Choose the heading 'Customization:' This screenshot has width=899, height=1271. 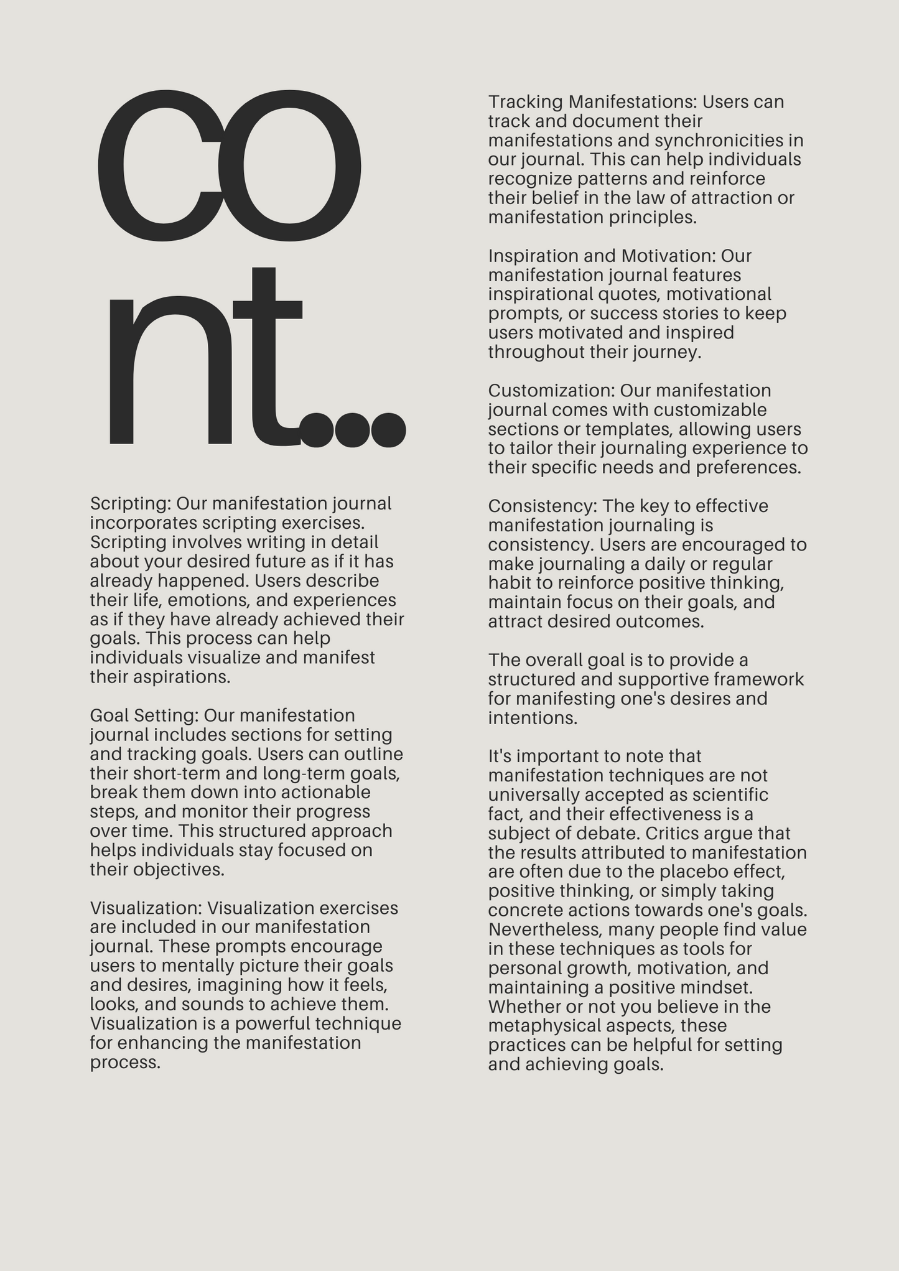pyautogui.click(x=551, y=391)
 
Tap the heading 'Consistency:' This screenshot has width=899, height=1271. pyautogui.click(x=542, y=506)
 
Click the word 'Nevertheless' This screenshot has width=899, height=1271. pyautogui.click(x=544, y=929)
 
